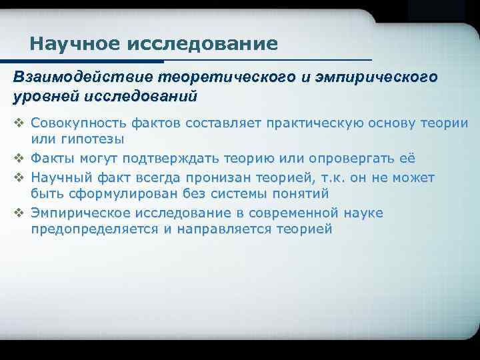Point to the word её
click(407, 159)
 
